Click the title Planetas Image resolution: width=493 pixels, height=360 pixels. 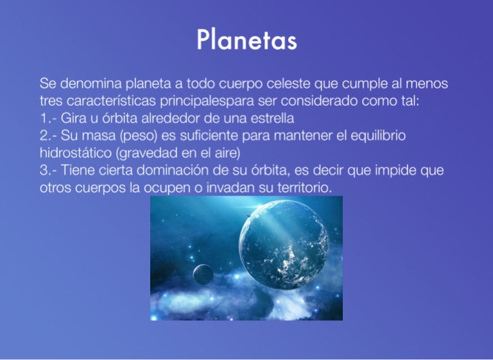click(246, 40)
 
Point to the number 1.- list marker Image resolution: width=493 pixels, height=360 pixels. click(48, 119)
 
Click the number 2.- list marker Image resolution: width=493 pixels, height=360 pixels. click(48, 136)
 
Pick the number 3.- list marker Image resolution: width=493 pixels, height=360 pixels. click(48, 171)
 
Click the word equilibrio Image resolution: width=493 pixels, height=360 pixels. click(378, 136)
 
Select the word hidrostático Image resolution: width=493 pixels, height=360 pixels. click(76, 153)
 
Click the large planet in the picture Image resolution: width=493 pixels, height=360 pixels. click(284, 244)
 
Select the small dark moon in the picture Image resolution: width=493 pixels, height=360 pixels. click(203, 275)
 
